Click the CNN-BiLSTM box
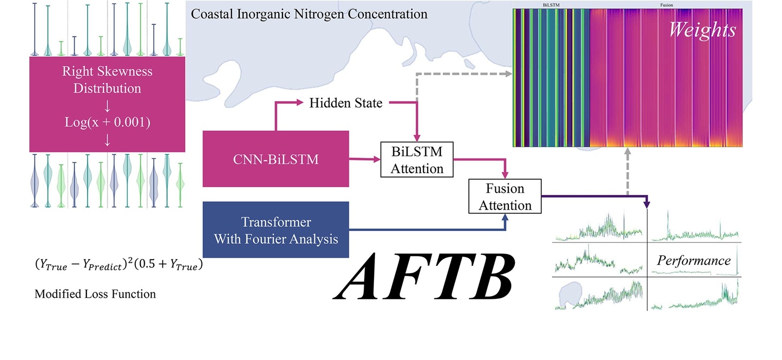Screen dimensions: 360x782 coord(276,159)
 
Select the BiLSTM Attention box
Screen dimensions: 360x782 coord(417,159)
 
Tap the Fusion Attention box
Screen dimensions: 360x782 coord(505,196)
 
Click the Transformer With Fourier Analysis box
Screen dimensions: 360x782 coord(276,230)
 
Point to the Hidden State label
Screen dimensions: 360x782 coord(346,103)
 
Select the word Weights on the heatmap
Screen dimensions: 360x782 coord(702,30)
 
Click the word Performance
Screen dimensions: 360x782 coord(694,260)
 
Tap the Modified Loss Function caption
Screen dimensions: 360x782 coord(95,294)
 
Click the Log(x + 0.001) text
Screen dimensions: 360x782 coord(106,123)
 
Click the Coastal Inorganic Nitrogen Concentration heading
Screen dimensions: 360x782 coord(309,13)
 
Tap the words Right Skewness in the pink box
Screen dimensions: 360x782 coord(106,71)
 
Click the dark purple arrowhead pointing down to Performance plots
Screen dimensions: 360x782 coord(647,205)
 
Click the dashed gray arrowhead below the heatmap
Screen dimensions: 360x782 coord(628,153)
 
